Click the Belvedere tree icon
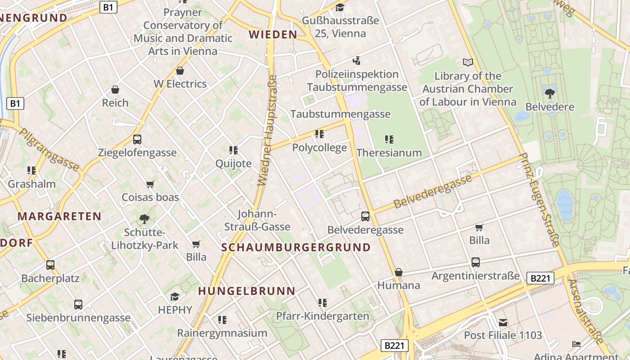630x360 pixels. pos(549,93)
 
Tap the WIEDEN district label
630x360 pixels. pos(273,35)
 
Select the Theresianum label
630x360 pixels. pos(389,153)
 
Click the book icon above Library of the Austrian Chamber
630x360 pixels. pos(468,63)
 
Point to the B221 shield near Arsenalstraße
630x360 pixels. pos(540,278)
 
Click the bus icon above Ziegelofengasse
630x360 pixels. pos(137,139)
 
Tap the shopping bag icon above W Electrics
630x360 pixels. pos(180,71)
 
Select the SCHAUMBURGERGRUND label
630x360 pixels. pos(296,247)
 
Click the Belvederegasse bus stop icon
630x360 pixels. pos(365,216)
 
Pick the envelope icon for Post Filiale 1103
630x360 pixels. pos(503,322)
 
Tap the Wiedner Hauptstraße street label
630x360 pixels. pos(267,130)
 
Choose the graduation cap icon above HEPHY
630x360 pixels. pos(175,297)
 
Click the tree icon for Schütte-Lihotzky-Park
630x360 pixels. pos(144,219)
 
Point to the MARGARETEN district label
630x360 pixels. pos(59,216)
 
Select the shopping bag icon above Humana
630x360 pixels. pos(398,272)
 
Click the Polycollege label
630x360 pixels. pos(319,148)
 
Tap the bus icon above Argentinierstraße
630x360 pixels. pos(476,262)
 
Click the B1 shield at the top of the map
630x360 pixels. pos(108,7)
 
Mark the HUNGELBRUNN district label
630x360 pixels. pos(247,291)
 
